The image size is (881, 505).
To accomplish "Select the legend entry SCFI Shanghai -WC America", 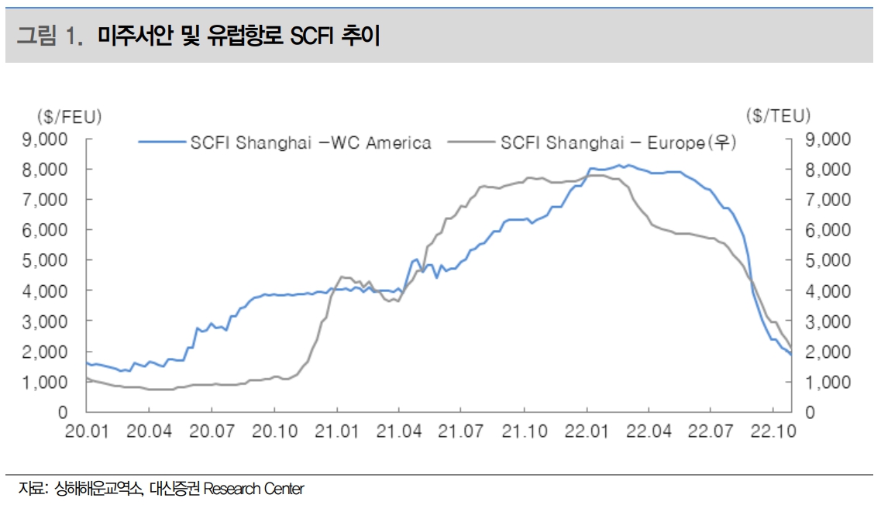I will click(310, 143).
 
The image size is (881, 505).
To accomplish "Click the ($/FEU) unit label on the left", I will click(69, 116).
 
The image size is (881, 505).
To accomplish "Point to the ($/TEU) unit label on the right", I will click(779, 116).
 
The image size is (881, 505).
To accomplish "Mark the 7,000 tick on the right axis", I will click(828, 200).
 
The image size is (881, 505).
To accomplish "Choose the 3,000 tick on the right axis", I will click(828, 321).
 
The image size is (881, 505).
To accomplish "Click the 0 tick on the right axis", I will click(810, 412).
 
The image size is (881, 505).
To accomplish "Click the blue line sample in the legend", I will click(163, 143).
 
